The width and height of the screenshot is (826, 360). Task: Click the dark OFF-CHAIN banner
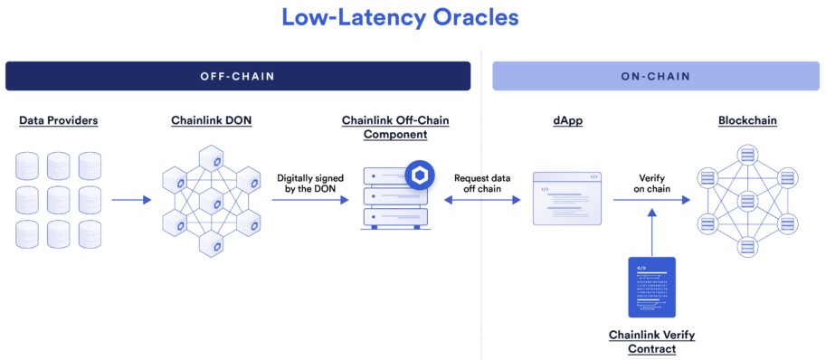click(x=238, y=76)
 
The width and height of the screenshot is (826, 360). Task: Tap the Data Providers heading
click(x=58, y=120)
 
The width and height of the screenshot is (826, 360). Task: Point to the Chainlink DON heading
click(x=212, y=120)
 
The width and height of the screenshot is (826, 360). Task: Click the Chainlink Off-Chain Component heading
click(x=395, y=128)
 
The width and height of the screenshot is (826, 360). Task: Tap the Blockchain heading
click(x=746, y=120)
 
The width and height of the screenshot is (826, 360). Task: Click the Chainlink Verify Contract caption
click(x=651, y=342)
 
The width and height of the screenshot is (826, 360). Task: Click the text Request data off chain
click(x=482, y=185)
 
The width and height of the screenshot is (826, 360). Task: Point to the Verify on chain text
click(x=651, y=185)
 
